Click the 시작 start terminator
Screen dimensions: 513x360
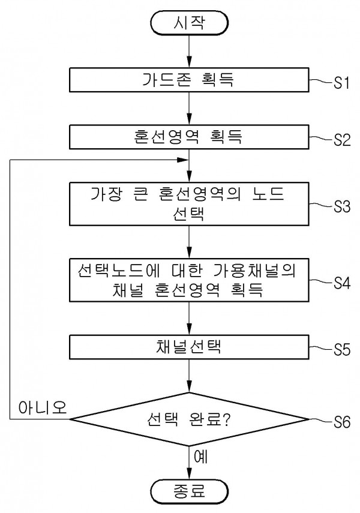coord(190,23)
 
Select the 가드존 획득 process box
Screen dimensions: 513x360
coord(190,81)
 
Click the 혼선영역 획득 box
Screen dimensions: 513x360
coord(190,137)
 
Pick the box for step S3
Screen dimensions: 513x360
coord(190,205)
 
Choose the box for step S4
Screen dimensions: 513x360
coord(190,280)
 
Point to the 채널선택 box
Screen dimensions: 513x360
coord(190,347)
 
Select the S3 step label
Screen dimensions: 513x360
coord(341,206)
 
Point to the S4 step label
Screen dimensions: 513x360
coord(341,282)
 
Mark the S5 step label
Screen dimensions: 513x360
coord(341,349)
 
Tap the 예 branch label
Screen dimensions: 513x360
coord(201,457)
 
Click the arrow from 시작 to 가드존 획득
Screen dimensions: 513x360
coord(190,53)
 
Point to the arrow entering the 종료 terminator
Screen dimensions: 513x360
coord(190,465)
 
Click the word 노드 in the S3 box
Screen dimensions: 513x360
coord(269,195)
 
